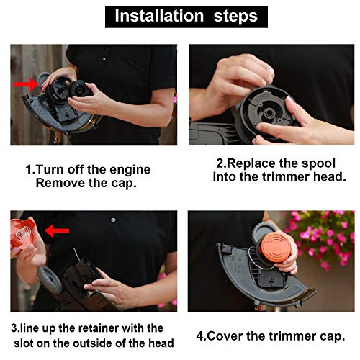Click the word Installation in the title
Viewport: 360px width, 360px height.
[158, 15]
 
